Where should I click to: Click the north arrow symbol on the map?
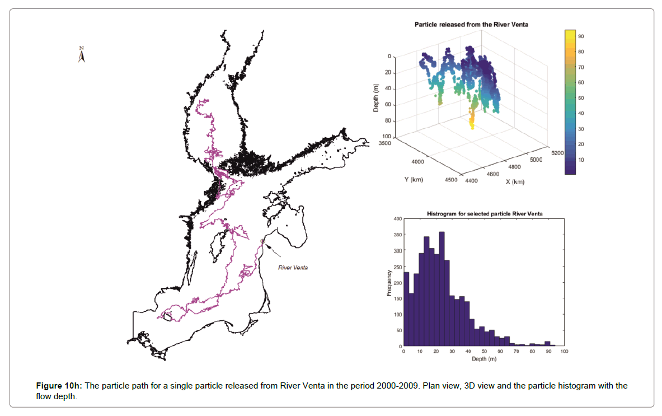click(x=82, y=55)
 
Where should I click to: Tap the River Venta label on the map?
click(x=293, y=267)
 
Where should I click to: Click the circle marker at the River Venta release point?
click(x=262, y=241)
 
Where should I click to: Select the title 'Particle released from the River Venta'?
click(x=471, y=25)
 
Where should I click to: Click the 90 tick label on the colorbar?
click(x=581, y=36)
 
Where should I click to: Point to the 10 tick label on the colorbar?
click(x=581, y=160)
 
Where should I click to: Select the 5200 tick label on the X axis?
click(x=558, y=152)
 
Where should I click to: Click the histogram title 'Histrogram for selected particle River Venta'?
click(x=485, y=214)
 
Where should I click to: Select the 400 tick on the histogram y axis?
click(x=397, y=219)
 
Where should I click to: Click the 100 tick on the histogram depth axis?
click(x=564, y=352)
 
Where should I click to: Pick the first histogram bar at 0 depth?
click(x=406, y=309)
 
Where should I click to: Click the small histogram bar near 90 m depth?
click(x=547, y=344)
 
